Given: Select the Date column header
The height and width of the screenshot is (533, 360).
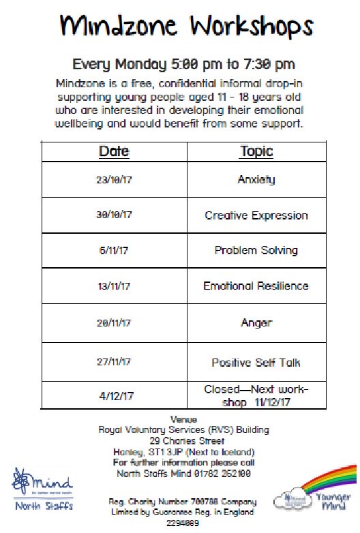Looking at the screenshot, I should pyautogui.click(x=114, y=151).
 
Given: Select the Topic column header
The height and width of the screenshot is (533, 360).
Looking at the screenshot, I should pyautogui.click(x=256, y=151).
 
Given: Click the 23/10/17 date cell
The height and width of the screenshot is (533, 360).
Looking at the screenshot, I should pyautogui.click(x=114, y=180).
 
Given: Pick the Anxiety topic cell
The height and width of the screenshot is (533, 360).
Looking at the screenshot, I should pyautogui.click(x=256, y=180).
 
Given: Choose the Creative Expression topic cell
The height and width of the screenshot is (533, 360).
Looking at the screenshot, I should pyautogui.click(x=256, y=215).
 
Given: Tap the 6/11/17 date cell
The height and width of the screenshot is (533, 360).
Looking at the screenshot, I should pyautogui.click(x=114, y=250).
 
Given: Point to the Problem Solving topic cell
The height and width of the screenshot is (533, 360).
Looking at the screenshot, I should pyautogui.click(x=256, y=250).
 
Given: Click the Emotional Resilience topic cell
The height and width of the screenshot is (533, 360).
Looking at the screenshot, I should pyautogui.click(x=256, y=286).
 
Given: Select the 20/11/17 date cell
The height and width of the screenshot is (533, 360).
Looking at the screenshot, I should pyautogui.click(x=114, y=323).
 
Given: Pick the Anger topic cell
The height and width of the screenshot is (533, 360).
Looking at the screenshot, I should pyautogui.click(x=256, y=323).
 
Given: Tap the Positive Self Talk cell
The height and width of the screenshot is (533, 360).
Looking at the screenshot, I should pyautogui.click(x=256, y=363).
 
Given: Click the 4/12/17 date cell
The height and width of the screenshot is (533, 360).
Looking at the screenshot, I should pyautogui.click(x=114, y=395).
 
